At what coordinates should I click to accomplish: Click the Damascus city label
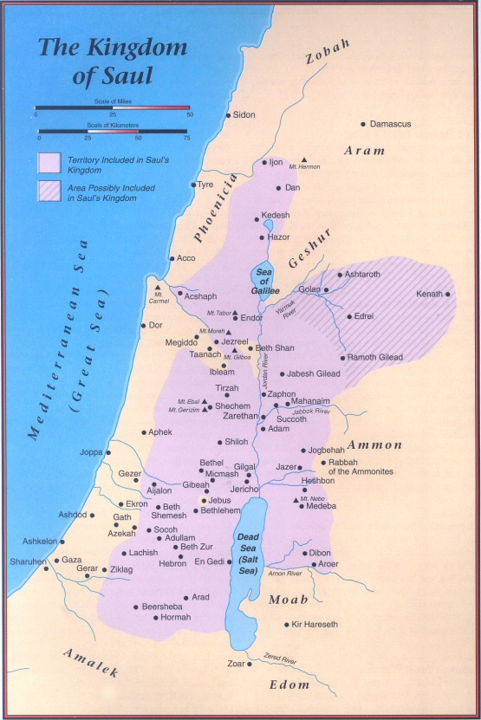tap(390, 124)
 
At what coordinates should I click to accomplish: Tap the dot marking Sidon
tap(227, 115)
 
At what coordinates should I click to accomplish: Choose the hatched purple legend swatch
tap(49, 191)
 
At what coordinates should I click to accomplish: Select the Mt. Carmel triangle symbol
tap(158, 288)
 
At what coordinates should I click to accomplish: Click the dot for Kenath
tap(448, 295)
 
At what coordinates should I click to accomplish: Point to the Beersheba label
tap(162, 606)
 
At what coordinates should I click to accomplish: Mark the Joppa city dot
tap(108, 452)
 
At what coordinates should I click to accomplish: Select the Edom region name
tap(291, 684)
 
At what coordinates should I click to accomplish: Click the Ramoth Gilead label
tap(377, 357)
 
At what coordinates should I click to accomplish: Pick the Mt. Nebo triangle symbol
tap(297, 500)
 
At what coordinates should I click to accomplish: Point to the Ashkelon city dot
tap(62, 542)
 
